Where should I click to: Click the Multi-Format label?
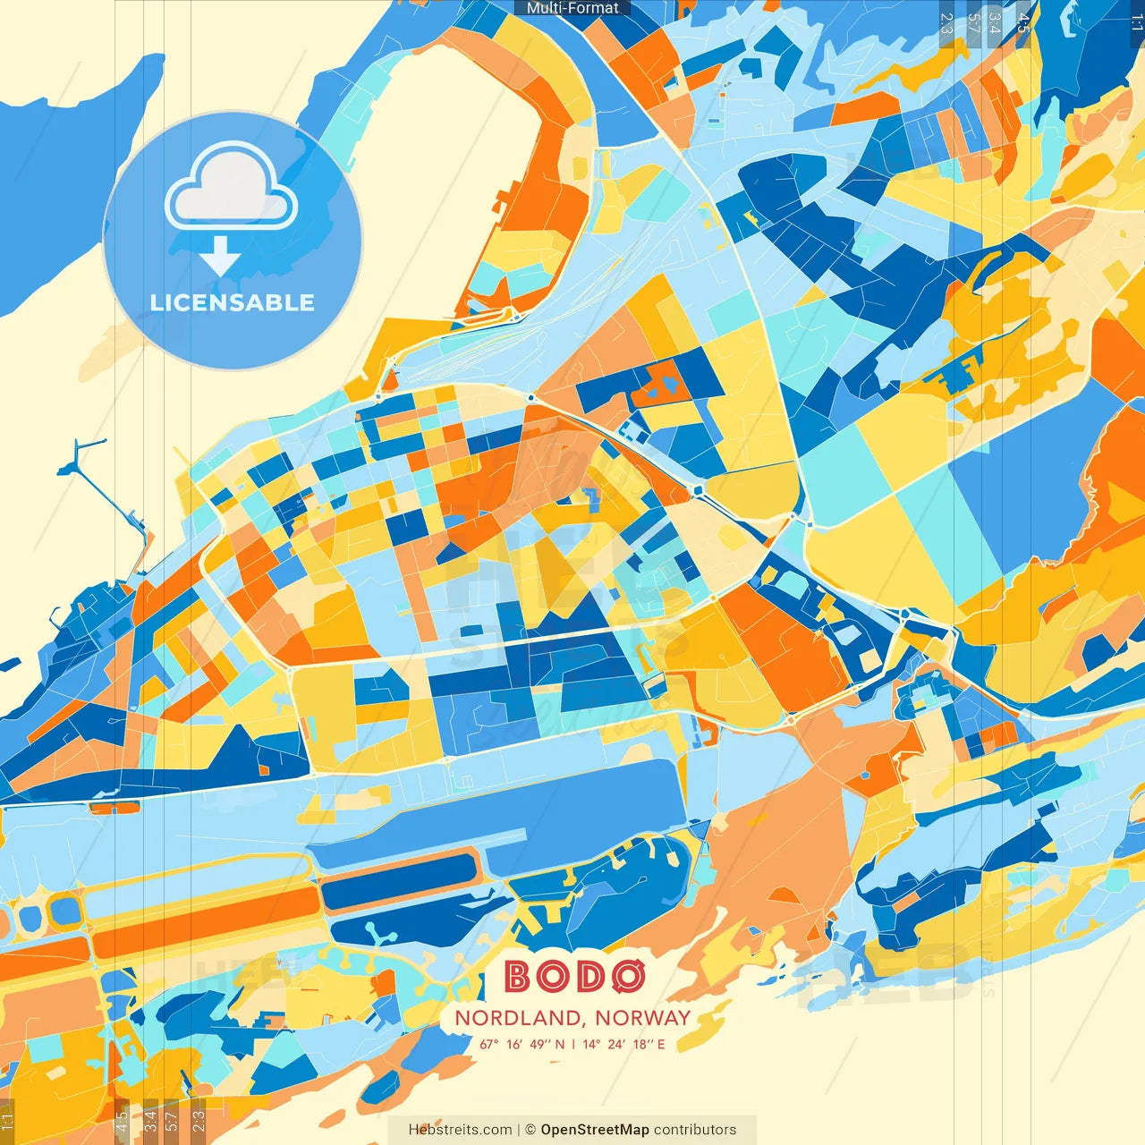click(572, 8)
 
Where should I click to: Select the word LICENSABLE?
click(233, 302)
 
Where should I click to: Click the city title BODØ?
click(573, 977)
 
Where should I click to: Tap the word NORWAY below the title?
click(643, 1018)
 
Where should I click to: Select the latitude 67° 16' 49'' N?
click(522, 1044)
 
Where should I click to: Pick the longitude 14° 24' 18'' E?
click(624, 1044)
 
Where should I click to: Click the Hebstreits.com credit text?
click(460, 1130)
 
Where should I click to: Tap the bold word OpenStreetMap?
click(595, 1130)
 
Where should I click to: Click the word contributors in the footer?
click(695, 1130)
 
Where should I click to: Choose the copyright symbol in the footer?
click(530, 1130)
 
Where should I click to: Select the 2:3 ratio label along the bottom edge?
click(199, 1119)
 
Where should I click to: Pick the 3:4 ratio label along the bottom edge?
click(150, 1119)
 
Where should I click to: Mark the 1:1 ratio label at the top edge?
click(1136, 23)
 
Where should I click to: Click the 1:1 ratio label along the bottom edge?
click(8, 1121)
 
